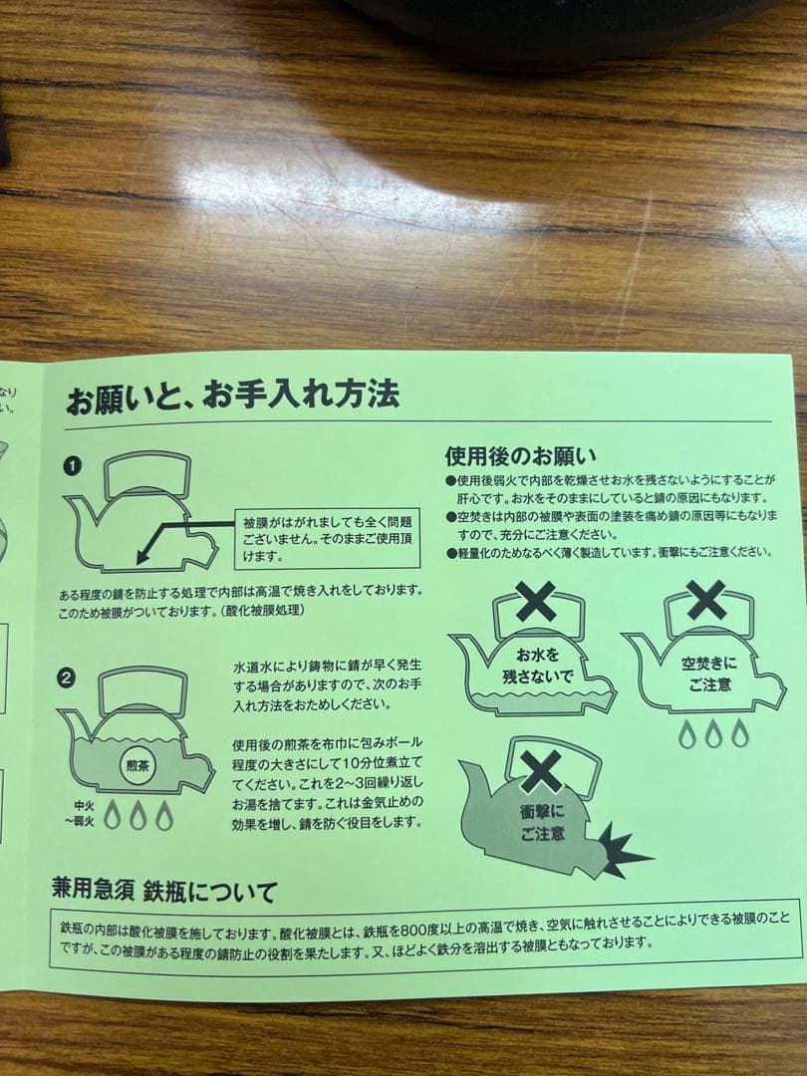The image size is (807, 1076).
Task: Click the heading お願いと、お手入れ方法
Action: point(232,397)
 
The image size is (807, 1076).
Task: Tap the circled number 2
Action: point(67,678)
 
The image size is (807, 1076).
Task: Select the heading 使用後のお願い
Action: point(520,456)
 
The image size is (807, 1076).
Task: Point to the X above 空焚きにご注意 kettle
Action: point(706,599)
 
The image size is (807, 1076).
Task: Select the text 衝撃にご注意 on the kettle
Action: point(542,823)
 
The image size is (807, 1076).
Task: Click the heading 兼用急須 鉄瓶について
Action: point(164,890)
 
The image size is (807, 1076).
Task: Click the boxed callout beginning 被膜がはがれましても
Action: point(326,539)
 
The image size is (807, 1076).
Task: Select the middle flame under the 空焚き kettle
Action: point(711,734)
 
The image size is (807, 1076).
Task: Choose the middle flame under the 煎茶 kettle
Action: point(137,815)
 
